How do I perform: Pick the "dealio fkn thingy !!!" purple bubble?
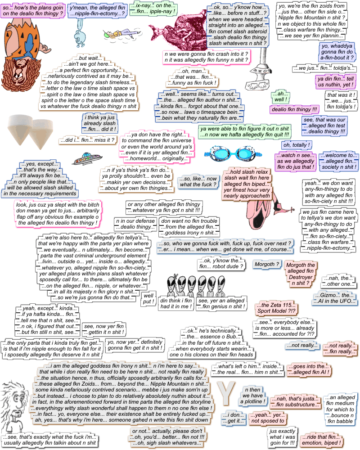(294, 109)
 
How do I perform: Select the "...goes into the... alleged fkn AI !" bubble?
(309, 369)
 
